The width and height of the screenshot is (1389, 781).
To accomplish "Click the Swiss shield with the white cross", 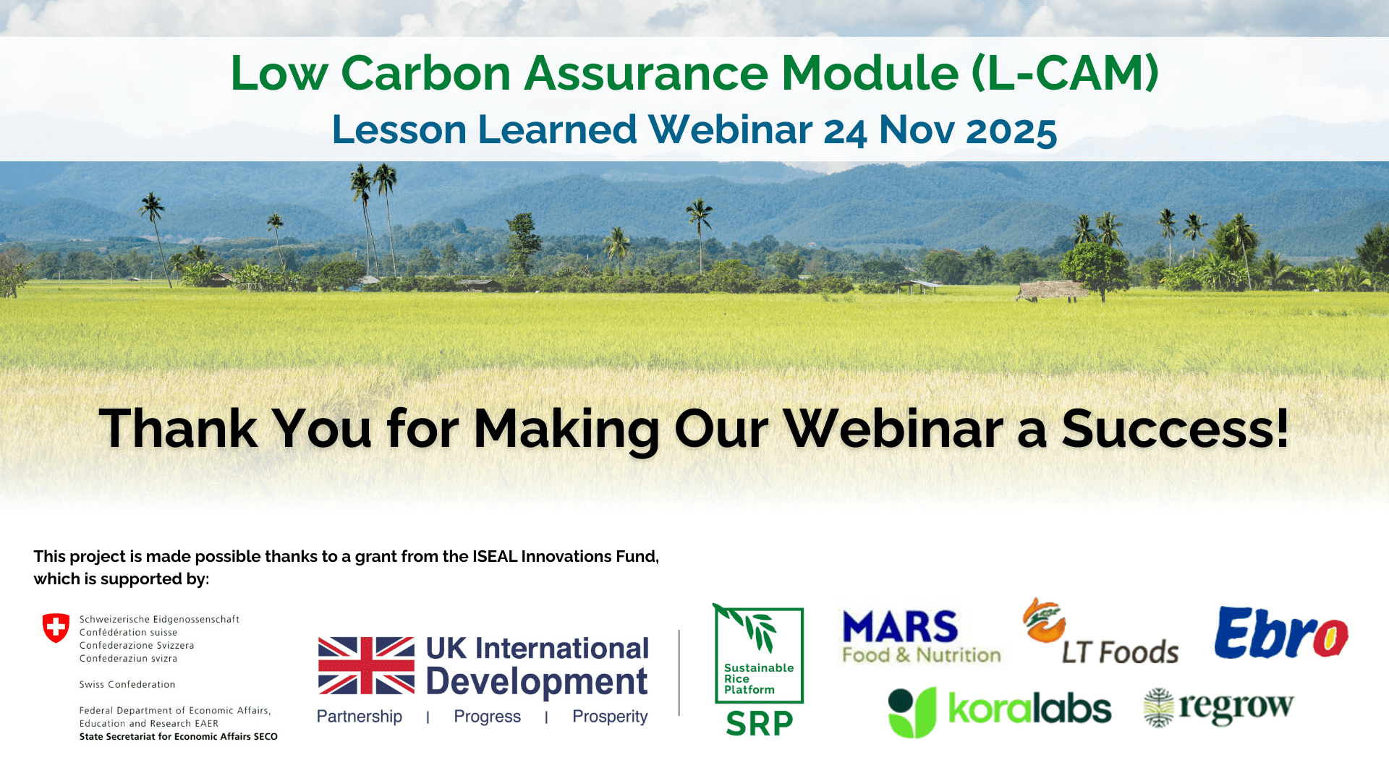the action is coord(56,628).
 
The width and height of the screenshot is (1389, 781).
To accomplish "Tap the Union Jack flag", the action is coord(366,665).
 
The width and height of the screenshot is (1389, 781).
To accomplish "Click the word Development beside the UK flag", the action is coord(537,682).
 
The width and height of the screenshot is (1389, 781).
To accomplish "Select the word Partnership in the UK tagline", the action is coord(360,716).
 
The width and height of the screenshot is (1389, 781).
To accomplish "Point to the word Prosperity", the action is coord(610,716).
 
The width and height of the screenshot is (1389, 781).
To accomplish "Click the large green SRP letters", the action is coord(760,723).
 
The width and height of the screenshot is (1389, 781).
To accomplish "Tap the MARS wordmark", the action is coord(900,627).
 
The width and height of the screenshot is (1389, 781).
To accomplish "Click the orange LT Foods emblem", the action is coord(1044,620).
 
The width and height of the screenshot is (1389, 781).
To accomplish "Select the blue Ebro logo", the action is coord(1281,633).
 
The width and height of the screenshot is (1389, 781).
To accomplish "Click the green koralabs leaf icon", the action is coord(912,712).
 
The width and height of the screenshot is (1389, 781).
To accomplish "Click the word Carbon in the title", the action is coord(426,73).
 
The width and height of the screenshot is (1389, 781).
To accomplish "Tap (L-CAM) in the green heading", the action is coord(1065,73).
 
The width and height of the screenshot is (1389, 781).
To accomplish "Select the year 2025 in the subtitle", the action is coord(1011,130).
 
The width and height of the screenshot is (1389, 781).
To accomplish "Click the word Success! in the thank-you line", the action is coord(1176,428).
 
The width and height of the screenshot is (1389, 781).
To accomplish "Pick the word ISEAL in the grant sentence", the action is coord(495,556).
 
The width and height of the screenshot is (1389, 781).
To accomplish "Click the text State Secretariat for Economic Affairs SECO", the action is coord(179,736).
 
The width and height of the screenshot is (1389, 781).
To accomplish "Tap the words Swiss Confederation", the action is coord(127,684).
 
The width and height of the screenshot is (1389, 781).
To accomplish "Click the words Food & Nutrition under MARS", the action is coord(922,655).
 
